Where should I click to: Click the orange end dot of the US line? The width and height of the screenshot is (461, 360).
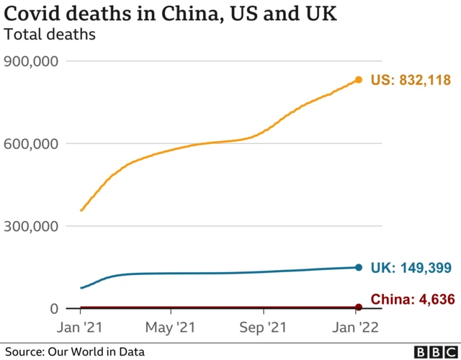point(358,80)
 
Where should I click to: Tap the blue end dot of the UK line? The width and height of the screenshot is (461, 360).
point(358,268)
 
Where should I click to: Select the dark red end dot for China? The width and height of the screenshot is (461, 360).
point(358,307)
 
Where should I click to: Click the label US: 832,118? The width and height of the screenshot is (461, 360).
point(410,80)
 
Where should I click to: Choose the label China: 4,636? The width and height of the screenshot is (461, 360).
point(413,300)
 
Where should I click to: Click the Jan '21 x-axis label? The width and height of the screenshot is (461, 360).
point(80,327)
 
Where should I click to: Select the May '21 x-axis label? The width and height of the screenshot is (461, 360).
point(171,327)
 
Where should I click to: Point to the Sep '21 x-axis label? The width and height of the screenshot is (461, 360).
point(263,327)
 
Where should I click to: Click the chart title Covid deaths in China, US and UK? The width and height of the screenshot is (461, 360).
point(171,14)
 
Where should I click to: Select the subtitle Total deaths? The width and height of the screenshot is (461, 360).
point(50,33)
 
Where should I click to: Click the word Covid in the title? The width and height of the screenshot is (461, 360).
point(30,14)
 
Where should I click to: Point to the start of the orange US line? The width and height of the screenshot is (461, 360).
point(81,210)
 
